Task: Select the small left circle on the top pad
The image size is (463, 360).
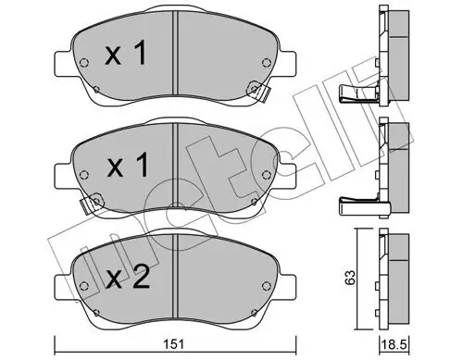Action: coord(85,65)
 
